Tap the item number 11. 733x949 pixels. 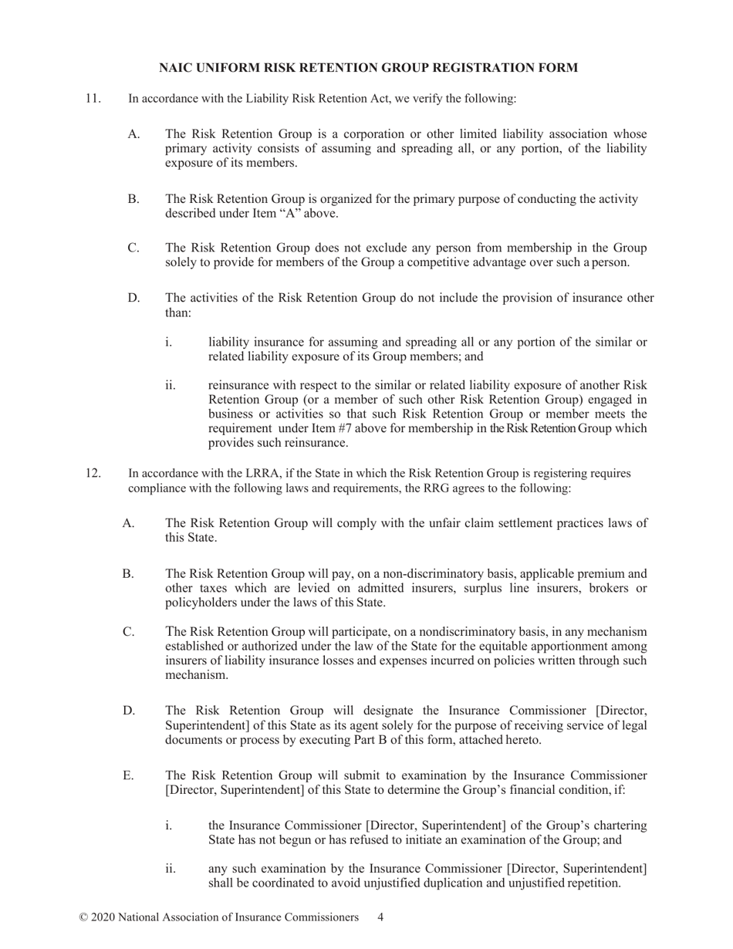pyautogui.click(x=93, y=99)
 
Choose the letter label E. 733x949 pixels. pyautogui.click(x=128, y=775)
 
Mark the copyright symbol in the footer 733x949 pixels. pyautogui.click(x=83, y=917)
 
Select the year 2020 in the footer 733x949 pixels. pyautogui.click(x=106, y=917)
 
